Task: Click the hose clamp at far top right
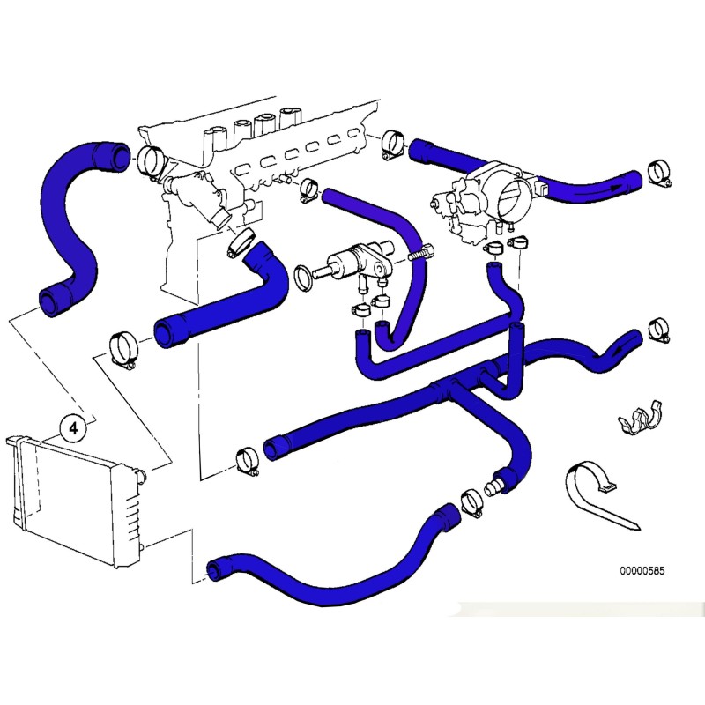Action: tap(657, 174)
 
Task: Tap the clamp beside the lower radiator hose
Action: tap(473, 503)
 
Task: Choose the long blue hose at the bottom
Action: tap(335, 564)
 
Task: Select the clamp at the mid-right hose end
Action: tap(657, 330)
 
